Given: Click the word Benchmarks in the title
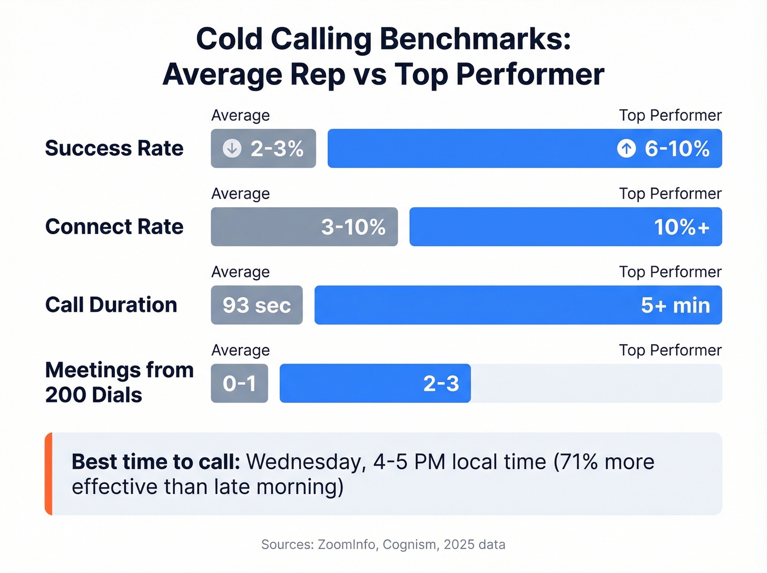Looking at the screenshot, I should [475, 39].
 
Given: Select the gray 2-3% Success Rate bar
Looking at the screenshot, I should [264, 149].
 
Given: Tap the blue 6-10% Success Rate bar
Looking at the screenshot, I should [524, 149].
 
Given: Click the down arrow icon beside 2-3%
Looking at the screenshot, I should [232, 149].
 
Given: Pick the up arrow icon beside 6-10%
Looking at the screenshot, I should [626, 149].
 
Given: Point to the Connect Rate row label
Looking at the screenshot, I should [114, 227].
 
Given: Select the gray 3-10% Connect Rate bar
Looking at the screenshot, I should [304, 227].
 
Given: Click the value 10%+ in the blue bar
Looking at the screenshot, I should [682, 227].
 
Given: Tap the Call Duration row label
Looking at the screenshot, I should [111, 305].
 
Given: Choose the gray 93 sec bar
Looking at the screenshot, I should [256, 305].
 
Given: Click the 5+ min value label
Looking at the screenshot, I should [675, 305].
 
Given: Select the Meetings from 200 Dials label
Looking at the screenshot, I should [119, 383].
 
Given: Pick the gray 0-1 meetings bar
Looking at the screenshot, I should [239, 383].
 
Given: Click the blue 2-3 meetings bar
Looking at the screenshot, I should [375, 383].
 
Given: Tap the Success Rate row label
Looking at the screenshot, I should [114, 149].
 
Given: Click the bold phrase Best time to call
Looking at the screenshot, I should [156, 462].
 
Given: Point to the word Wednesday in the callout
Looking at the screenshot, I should [306, 462].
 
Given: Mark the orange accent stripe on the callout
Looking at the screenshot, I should [49, 474].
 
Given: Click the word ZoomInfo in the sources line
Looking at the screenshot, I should [347, 544].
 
